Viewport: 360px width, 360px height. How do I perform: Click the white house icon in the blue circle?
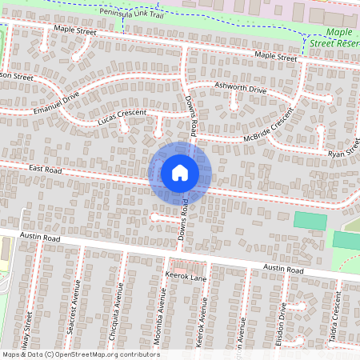click(x=180, y=172)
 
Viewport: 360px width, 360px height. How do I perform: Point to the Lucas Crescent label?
click(x=122, y=118)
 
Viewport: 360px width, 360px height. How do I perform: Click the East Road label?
click(x=46, y=169)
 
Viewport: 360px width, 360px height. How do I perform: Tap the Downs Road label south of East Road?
click(x=184, y=222)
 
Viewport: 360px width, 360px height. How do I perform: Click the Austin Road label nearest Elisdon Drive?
click(x=284, y=271)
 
